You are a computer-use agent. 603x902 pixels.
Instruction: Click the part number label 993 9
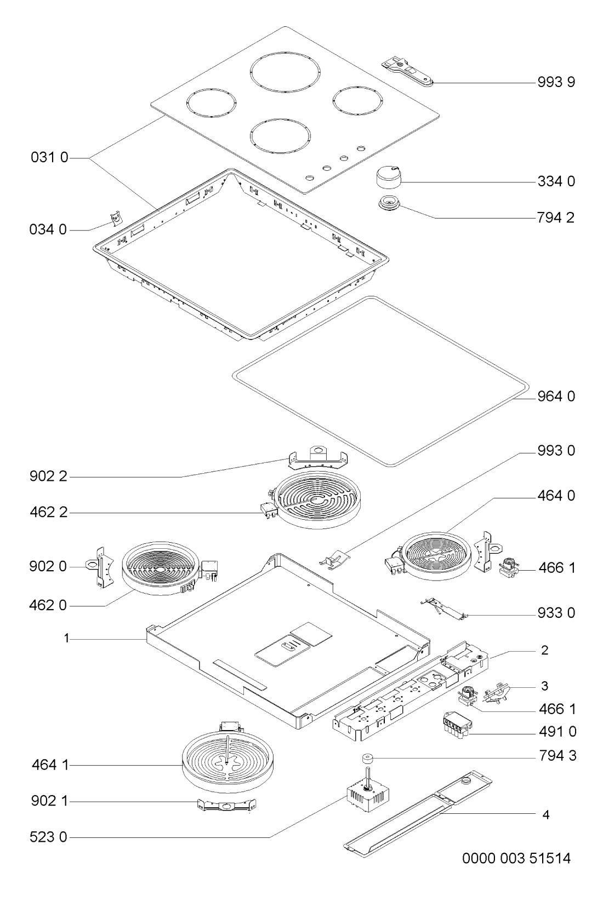[556, 82]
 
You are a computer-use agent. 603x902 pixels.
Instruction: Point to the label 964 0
[556, 397]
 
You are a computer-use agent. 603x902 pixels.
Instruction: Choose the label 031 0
[49, 157]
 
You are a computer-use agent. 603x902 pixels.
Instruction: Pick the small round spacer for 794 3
[367, 759]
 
